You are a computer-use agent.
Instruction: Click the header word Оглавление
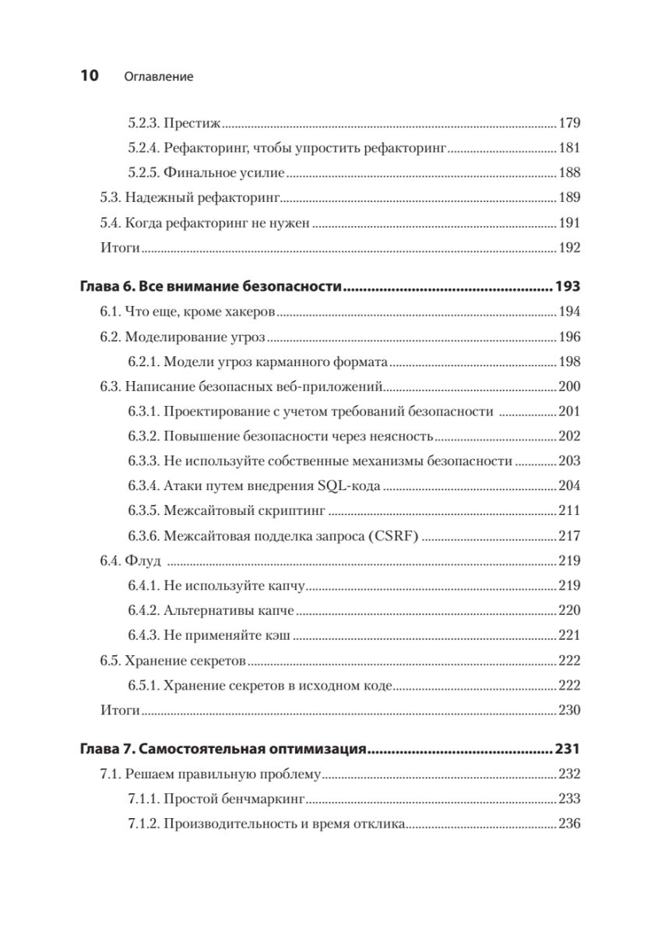coord(158,77)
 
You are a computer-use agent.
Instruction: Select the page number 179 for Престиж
coord(570,122)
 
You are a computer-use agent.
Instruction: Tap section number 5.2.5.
coord(143,173)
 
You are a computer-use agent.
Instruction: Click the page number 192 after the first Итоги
coord(570,249)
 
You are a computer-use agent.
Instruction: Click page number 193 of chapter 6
coord(568,288)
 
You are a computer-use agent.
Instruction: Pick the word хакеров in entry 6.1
coord(250,312)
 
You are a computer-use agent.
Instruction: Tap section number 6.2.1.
coord(143,362)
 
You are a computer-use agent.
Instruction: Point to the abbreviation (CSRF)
coord(392,536)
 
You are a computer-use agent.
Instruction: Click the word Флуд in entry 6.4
coord(146,560)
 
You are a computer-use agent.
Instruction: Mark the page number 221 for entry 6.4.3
coord(570,636)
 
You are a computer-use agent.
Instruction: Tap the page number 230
coord(570,710)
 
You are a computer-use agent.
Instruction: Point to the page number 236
coord(570,824)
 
